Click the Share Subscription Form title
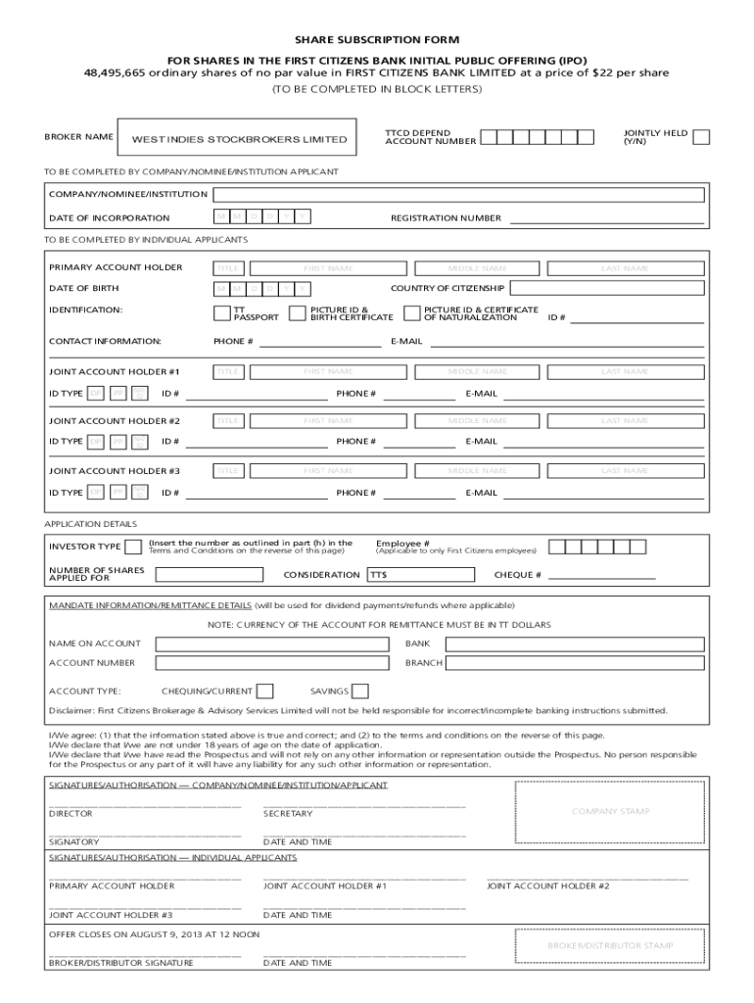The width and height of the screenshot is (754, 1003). pos(377,40)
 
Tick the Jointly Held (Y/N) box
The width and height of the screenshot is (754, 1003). pos(701,137)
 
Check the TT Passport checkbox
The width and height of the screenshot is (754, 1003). pos(221,313)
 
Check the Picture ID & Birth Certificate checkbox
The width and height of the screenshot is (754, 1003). pos(299,313)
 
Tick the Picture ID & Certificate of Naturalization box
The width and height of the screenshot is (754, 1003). pos(412,313)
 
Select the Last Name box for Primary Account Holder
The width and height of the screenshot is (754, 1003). pos(625,268)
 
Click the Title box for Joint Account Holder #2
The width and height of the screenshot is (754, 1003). pos(229,421)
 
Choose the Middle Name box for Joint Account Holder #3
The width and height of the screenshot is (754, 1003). pos(477,471)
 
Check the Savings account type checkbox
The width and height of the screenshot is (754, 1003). pos(359,692)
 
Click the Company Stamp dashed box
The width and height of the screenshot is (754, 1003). pos(610,811)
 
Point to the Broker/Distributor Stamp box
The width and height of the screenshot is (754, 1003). pos(610,946)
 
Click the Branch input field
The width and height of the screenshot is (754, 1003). pos(574,663)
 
